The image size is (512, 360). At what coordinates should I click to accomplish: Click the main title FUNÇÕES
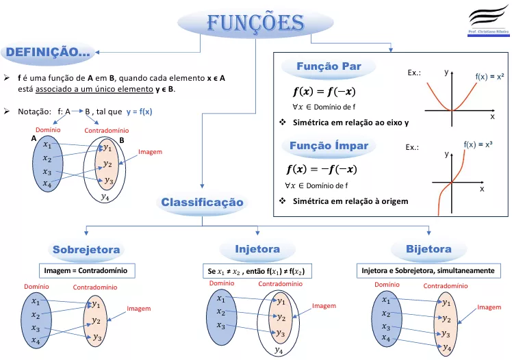(x=256, y=23)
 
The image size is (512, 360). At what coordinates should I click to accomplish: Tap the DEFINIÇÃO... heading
(x=48, y=52)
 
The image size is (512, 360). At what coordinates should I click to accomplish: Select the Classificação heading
(x=202, y=202)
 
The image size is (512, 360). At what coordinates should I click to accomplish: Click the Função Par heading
(x=329, y=66)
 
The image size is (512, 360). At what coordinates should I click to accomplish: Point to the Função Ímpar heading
(x=329, y=145)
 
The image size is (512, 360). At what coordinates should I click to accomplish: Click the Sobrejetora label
(x=86, y=250)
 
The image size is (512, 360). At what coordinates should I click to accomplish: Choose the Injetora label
(x=257, y=249)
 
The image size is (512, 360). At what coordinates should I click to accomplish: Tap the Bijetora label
(x=428, y=249)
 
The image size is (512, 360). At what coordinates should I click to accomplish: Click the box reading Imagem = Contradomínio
(x=87, y=270)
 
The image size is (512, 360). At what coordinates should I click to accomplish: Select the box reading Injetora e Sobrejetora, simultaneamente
(x=428, y=270)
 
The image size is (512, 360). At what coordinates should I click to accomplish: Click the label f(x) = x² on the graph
(x=489, y=77)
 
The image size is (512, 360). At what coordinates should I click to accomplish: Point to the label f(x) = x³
(x=478, y=144)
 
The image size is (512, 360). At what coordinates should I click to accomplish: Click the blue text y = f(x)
(x=140, y=112)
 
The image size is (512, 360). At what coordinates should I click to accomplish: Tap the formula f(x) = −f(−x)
(x=322, y=169)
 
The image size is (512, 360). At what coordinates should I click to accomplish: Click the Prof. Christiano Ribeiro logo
(x=489, y=21)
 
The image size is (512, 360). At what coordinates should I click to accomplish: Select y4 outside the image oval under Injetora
(x=279, y=350)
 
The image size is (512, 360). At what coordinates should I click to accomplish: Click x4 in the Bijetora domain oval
(x=386, y=338)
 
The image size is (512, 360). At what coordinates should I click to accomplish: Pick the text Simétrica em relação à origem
(x=350, y=201)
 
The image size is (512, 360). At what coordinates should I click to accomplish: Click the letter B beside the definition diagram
(x=122, y=140)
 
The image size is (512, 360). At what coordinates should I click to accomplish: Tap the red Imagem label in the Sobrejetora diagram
(x=139, y=309)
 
